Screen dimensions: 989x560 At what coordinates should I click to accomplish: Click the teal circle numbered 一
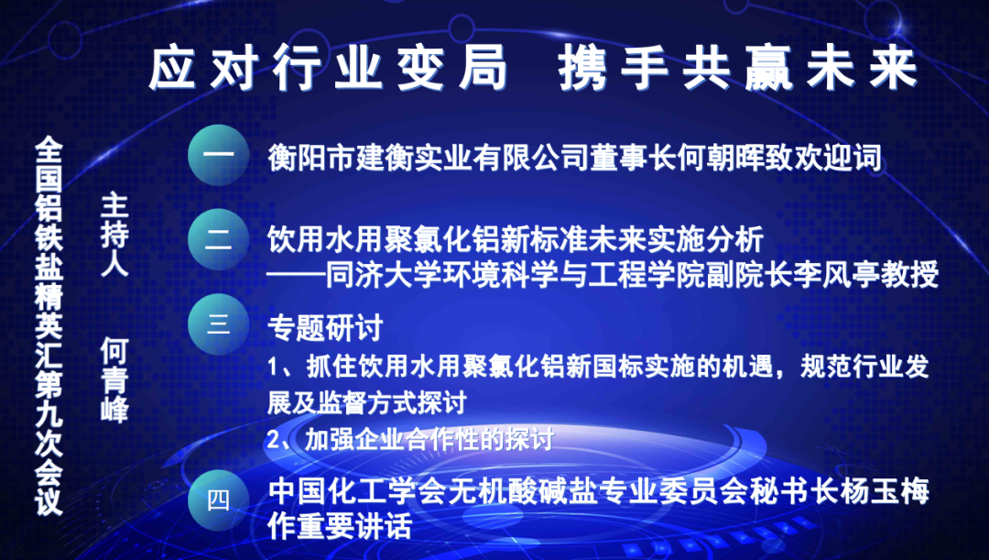218,155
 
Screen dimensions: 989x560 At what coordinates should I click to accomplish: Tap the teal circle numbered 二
218,239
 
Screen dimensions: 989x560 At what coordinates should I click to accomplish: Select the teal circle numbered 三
218,324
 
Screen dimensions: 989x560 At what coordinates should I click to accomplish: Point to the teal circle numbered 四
218,500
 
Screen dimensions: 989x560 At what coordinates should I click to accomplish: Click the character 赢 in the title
769,68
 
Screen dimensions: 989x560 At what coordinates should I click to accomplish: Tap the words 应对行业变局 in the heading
328,68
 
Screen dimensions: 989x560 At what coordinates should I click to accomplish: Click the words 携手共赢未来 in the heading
737,68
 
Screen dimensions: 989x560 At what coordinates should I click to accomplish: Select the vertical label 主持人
114,235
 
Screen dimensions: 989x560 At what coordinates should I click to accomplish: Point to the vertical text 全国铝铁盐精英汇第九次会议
49,326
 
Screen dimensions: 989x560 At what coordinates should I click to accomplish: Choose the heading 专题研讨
325,328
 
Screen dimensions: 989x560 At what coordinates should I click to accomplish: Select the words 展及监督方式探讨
367,402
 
